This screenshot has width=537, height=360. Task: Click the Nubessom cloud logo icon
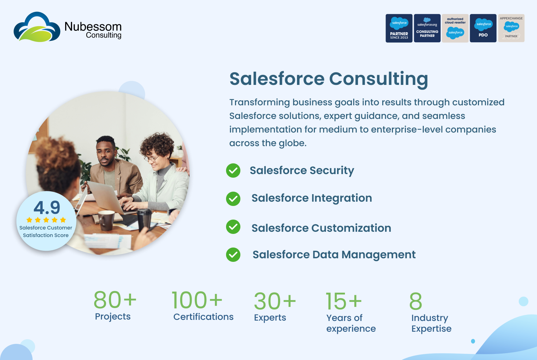coord(37,27)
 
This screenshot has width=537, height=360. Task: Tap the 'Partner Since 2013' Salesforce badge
coord(399,28)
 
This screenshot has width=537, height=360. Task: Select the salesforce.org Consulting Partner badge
coord(427,28)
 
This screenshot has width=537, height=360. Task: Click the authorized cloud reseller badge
coord(455,28)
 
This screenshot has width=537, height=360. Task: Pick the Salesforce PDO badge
coord(483,28)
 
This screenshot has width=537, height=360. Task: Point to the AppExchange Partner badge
coord(511,28)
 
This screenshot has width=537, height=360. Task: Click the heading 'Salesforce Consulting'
coord(329,79)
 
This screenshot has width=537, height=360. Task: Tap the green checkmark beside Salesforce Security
coord(233,171)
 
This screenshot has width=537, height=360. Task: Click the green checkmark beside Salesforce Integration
coord(233,199)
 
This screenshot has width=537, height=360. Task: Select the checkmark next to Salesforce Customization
coord(233,227)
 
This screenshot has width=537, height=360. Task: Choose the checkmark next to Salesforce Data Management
coord(233,255)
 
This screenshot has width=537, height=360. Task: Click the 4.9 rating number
coord(47,207)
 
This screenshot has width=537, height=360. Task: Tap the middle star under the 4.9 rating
coord(46,220)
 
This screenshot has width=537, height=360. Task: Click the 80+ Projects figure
coord(115,299)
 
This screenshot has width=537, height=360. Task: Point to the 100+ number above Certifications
coord(197,299)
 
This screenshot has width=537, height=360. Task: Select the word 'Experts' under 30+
coord(270,318)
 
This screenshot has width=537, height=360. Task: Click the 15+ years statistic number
coord(344,301)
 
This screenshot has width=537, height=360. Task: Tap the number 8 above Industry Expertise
coord(416,301)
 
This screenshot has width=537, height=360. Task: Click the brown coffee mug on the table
coord(106,220)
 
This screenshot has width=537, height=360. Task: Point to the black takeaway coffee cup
coord(144,219)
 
